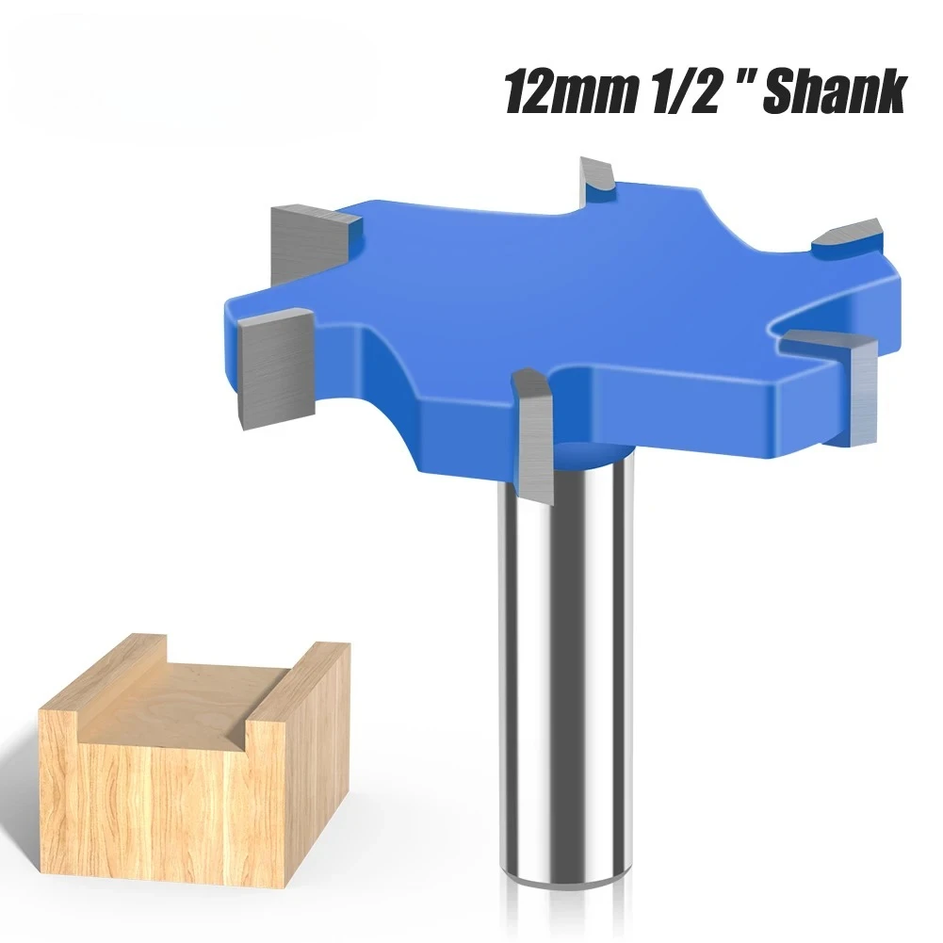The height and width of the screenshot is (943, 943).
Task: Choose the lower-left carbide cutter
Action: click(x=275, y=367)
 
